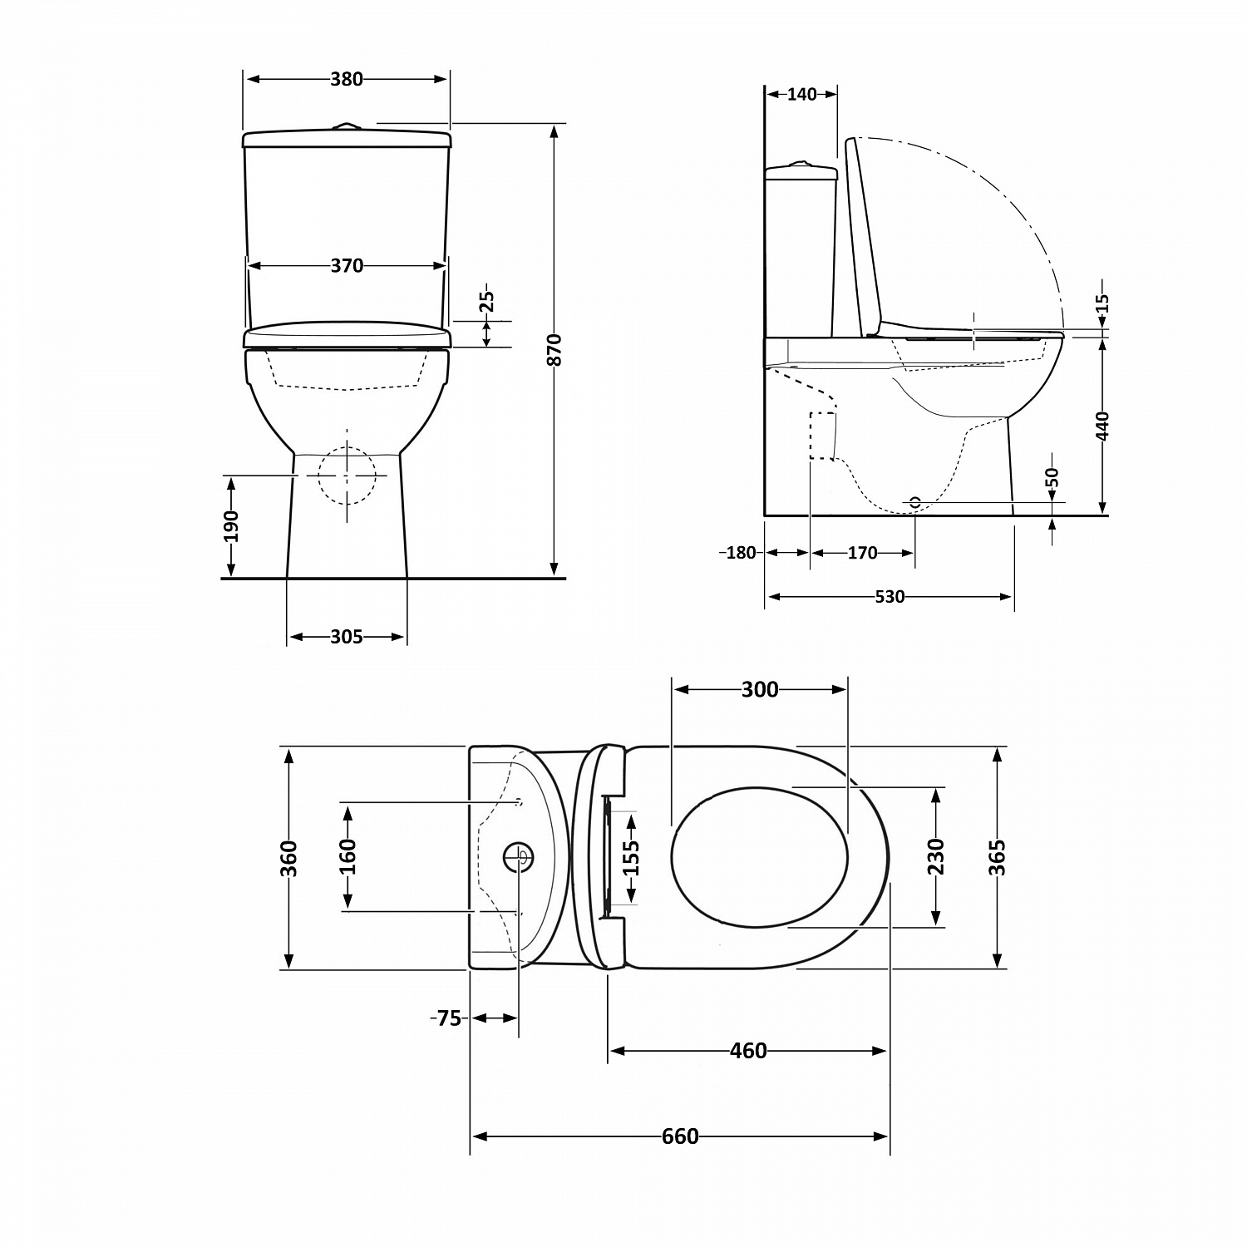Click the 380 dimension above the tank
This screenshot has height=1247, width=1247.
click(347, 79)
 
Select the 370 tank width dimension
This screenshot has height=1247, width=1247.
click(347, 265)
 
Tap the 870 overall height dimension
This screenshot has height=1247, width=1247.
click(555, 350)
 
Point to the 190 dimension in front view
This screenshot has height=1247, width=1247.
click(231, 525)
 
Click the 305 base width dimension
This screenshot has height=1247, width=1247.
click(347, 637)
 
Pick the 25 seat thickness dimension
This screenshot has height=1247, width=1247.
click(487, 301)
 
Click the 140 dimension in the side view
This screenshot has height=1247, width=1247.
click(801, 94)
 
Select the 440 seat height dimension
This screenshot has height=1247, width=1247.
click(1102, 426)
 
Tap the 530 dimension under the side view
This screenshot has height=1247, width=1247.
click(889, 597)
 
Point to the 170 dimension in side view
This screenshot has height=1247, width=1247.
click(862, 553)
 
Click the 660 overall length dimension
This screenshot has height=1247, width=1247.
click(680, 1136)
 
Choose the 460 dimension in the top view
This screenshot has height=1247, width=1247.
click(747, 1052)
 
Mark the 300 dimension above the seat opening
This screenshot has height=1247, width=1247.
click(760, 689)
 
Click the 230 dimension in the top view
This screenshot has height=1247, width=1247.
click(936, 856)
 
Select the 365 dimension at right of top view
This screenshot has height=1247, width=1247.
click(998, 857)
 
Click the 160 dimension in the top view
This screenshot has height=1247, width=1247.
click(347, 856)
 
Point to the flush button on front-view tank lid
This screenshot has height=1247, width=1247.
click(346, 126)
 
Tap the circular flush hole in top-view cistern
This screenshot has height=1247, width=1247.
click(519, 856)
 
